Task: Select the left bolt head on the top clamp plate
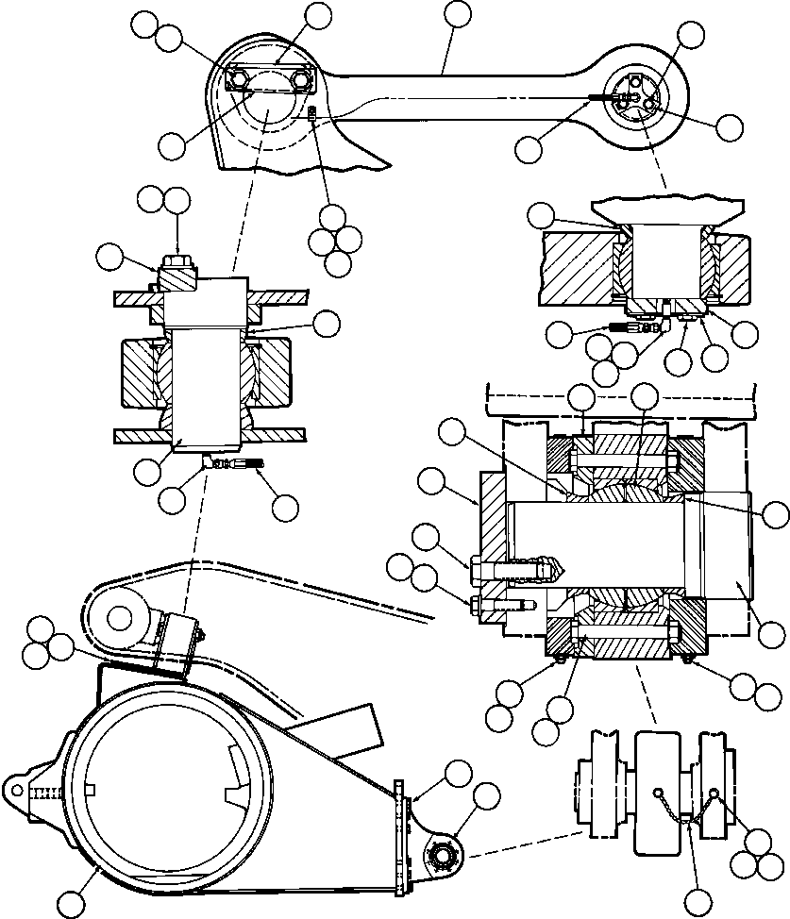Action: [242, 79]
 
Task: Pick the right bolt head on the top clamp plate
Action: [301, 80]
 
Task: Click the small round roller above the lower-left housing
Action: [119, 618]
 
